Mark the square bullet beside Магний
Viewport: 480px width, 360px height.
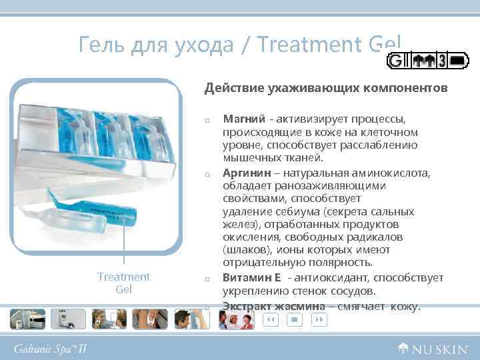click(208, 120)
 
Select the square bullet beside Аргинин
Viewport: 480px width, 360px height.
click(208, 175)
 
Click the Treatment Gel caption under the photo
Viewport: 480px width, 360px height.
click(123, 283)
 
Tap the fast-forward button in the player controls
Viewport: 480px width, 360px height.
click(319, 320)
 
